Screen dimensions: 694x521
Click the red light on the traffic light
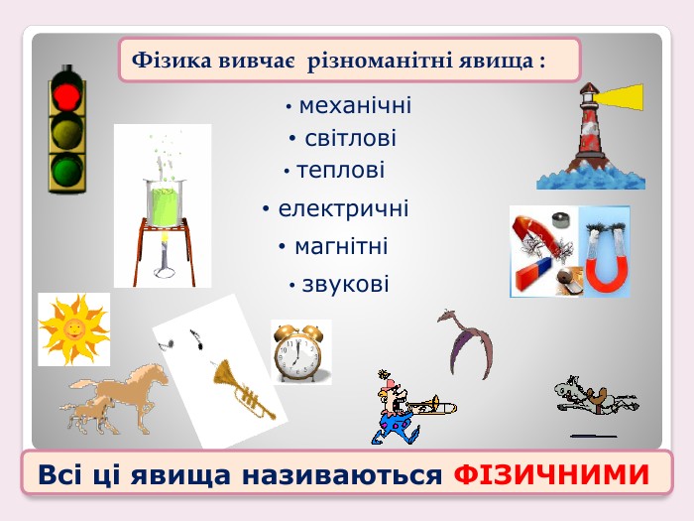coord(67,95)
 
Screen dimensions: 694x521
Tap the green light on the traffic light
coord(67,170)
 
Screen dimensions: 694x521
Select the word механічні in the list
coord(355,106)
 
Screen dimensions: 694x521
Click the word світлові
coord(350,138)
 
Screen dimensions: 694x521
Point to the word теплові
coord(340,171)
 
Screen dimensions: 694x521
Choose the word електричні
coord(343,208)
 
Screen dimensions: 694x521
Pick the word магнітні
coord(341,246)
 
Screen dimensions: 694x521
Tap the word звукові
coord(345,284)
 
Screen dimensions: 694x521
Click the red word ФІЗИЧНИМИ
coord(551,474)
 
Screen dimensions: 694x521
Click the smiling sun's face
coord(74,328)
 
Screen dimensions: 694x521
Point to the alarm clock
coord(297,353)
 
